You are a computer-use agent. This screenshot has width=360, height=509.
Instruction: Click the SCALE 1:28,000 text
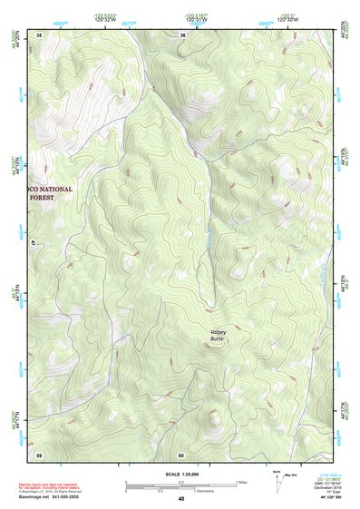[x=181, y=473]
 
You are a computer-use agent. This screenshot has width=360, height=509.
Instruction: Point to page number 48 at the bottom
[x=181, y=499]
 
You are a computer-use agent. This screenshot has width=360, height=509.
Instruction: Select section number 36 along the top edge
[x=182, y=34]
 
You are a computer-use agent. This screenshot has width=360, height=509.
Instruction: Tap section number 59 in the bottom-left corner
[x=39, y=454]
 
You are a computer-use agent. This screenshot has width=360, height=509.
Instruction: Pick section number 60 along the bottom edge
[x=181, y=454]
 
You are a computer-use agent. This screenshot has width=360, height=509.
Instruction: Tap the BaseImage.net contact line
[x=53, y=496]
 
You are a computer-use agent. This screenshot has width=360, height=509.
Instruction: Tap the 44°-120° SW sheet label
[x=328, y=499]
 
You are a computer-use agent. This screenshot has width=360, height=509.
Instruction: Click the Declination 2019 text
[x=327, y=488]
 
